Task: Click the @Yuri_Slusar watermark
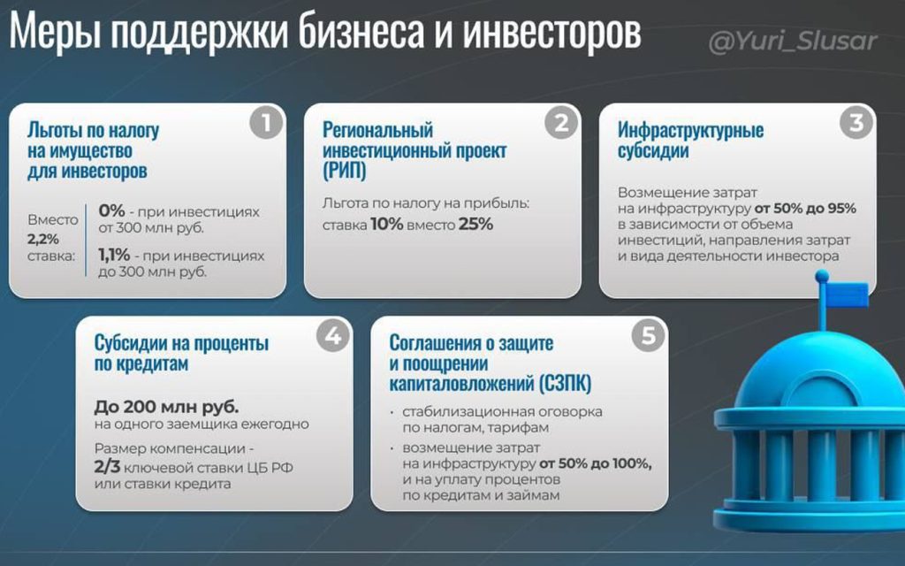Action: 793,42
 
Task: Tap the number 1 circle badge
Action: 266,123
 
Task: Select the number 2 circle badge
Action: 561,123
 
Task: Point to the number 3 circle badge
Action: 856,123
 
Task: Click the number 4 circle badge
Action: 333,335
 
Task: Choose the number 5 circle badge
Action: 649,335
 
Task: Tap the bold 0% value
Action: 111,210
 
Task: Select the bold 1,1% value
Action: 114,255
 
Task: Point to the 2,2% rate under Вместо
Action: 43,239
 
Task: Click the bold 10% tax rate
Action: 387,224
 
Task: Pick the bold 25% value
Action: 476,224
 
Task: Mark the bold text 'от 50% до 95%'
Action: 805,209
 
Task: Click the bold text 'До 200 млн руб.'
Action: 166,407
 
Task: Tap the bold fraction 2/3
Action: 107,467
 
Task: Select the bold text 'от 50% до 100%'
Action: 595,463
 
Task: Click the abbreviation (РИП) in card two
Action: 345,171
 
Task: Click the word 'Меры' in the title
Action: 56,33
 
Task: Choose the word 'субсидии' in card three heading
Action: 653,151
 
